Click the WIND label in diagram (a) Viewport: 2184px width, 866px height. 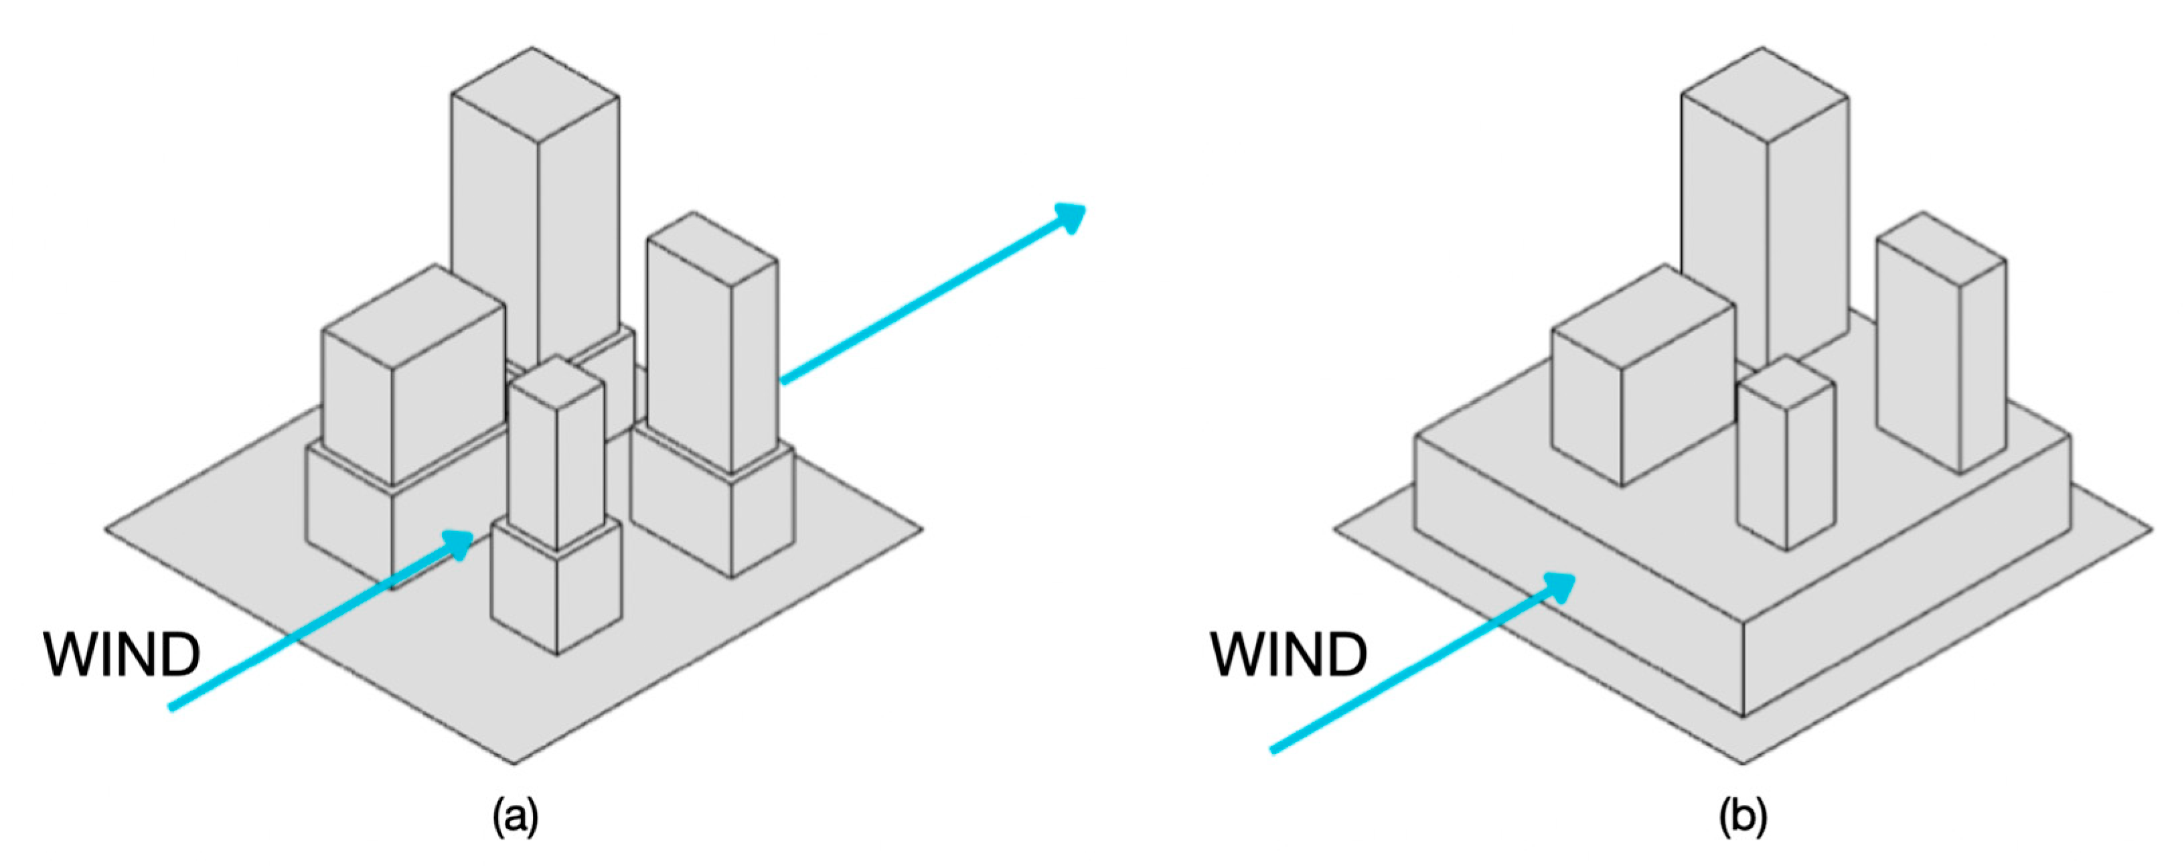point(122,655)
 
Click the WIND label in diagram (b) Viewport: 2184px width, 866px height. point(1289,655)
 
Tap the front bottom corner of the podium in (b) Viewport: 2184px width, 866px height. point(1743,716)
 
